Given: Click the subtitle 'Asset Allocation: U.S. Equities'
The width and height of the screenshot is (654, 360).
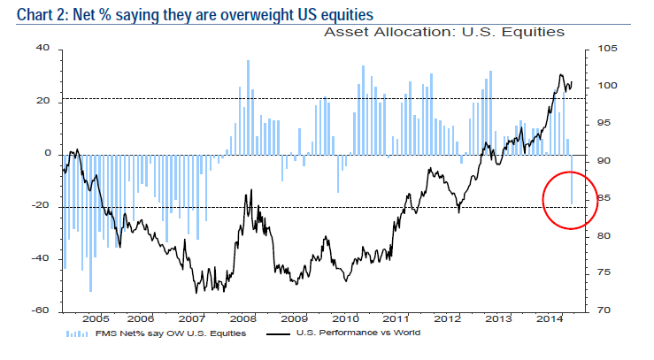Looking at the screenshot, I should [443, 33].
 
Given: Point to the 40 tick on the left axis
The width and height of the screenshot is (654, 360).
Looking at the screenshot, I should [42, 50].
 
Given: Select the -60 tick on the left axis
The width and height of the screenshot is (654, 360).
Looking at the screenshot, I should [41, 311].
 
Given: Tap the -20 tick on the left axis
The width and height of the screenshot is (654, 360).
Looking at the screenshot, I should [41, 207].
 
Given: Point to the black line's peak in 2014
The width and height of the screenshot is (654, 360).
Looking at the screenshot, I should [561, 75].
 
